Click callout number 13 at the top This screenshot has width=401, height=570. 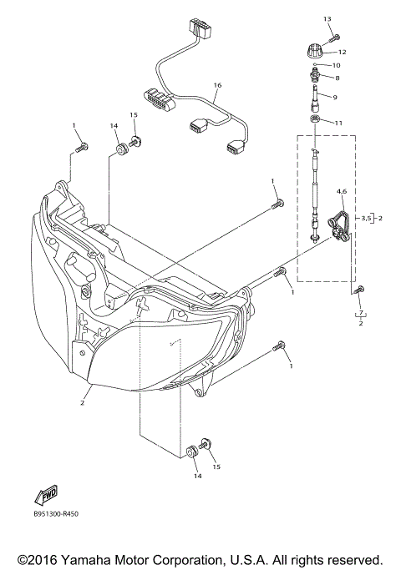coord(327,18)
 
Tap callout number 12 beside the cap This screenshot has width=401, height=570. coord(342,52)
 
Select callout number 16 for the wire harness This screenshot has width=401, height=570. coord(217,85)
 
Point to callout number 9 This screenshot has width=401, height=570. coord(334,98)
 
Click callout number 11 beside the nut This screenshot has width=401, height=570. coord(338,123)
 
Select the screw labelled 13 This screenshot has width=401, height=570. coord(332,36)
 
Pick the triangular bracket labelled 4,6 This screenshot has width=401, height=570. coord(339,223)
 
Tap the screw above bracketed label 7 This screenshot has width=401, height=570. coord(359,289)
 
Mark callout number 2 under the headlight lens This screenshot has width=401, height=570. coord(83,403)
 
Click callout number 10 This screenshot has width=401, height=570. coord(336,65)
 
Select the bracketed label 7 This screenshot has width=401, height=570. coord(360,314)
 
